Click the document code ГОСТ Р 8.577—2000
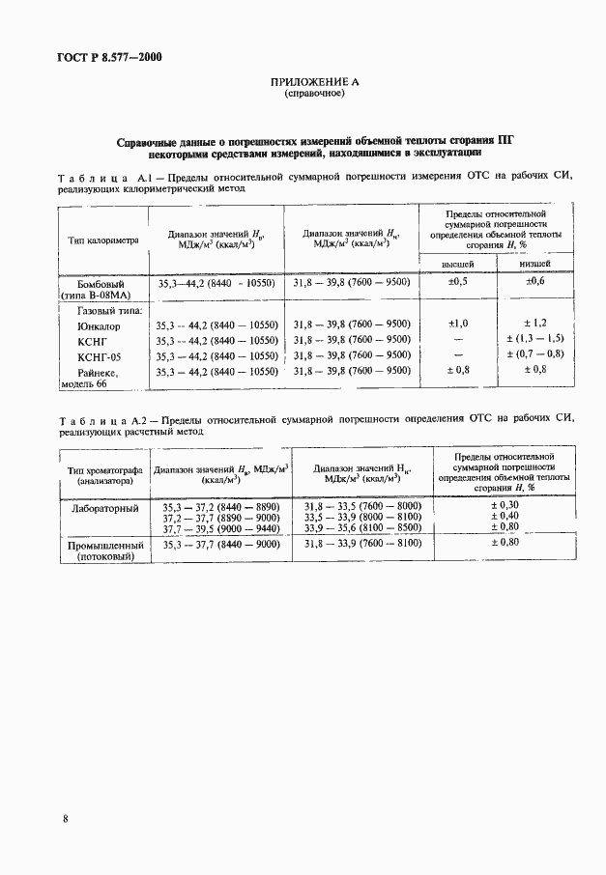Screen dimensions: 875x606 (x=109, y=57)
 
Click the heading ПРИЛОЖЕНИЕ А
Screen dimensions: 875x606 (x=314, y=83)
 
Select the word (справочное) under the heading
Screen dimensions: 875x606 (x=313, y=96)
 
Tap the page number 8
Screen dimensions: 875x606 (x=65, y=819)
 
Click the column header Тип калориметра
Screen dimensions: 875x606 (x=104, y=239)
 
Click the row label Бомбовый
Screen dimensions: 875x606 (x=101, y=284)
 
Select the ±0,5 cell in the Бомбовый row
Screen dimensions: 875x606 (x=458, y=282)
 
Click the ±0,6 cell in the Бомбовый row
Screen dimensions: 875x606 (x=535, y=282)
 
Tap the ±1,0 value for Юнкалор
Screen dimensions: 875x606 (x=458, y=324)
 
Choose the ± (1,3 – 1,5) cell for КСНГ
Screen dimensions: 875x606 (x=535, y=340)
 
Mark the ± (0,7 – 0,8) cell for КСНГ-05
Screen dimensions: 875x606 (x=535, y=355)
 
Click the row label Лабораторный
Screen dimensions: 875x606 (x=105, y=507)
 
